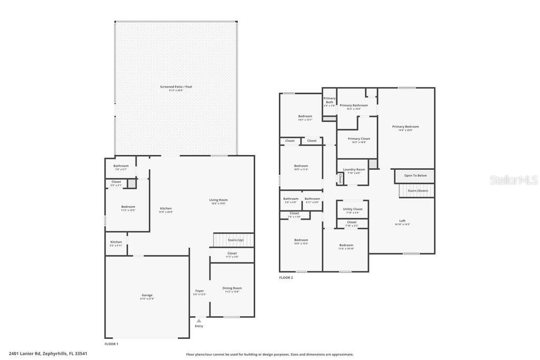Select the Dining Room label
[232, 289]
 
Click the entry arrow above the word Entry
[199, 320]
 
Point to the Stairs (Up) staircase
[233, 240]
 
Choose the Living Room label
[218, 201]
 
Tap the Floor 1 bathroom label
[121, 167]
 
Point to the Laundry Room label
[354, 170]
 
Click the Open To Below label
[416, 176]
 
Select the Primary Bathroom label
[354, 106]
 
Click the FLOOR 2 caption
[286, 278]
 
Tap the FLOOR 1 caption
[111, 344]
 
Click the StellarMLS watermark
[514, 180]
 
